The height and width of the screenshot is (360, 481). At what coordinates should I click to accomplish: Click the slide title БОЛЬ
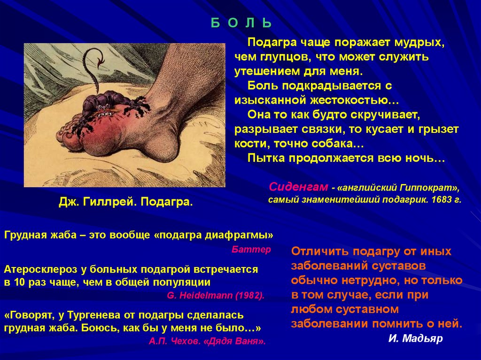coord(240,23)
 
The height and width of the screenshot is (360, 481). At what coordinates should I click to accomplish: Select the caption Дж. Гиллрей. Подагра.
coord(125,202)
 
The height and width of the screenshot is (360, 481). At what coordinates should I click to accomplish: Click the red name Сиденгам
coord(298,187)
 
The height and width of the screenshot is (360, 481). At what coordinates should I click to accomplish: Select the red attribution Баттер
coord(251,249)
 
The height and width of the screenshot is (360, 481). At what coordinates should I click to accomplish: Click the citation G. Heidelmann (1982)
coord(216,296)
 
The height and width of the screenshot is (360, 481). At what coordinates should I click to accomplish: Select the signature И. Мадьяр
coord(415,339)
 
